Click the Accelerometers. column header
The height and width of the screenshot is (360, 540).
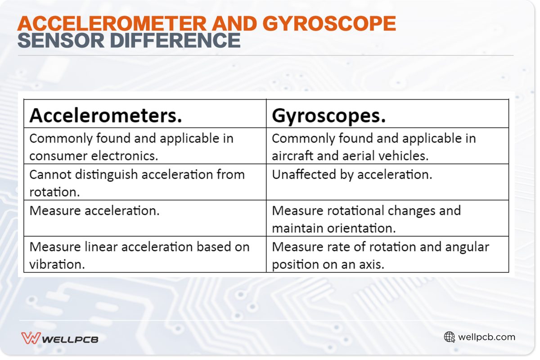click(x=106, y=116)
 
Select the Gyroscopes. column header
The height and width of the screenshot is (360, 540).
click(x=329, y=116)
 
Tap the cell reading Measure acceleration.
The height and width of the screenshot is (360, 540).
click(x=94, y=211)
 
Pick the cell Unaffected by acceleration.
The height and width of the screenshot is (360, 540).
click(x=352, y=175)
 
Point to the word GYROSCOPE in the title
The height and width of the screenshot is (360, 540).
click(x=329, y=24)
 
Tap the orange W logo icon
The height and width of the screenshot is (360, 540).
click(x=30, y=338)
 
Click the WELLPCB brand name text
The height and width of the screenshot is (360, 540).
click(x=70, y=339)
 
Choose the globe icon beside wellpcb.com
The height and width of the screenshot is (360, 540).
click(x=449, y=337)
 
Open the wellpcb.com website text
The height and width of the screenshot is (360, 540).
click(x=486, y=337)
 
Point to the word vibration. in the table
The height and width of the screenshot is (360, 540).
click(x=57, y=264)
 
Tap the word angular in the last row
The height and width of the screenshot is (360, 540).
click(x=468, y=247)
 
